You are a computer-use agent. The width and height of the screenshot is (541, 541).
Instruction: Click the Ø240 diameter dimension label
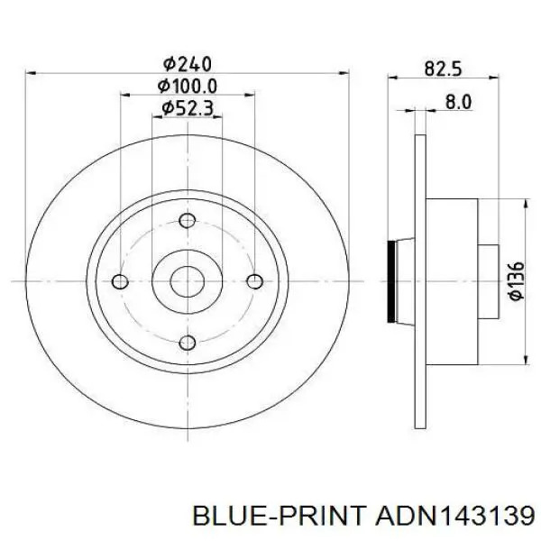point(187,63)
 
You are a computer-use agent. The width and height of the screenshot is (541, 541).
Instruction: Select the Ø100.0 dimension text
point(187,86)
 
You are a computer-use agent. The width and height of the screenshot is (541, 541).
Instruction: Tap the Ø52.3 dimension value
point(187,108)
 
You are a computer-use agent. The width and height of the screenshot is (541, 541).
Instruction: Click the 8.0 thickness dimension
point(458,102)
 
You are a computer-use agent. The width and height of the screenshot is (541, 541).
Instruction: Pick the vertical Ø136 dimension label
point(515,281)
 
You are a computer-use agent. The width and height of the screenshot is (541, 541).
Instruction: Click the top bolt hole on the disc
point(188,221)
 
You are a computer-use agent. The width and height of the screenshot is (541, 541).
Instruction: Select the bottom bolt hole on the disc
point(188,342)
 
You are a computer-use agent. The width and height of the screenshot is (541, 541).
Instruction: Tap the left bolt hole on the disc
point(119,281)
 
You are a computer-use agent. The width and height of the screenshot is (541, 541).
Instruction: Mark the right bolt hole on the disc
point(256,281)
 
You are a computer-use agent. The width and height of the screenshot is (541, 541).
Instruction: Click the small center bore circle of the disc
point(188,281)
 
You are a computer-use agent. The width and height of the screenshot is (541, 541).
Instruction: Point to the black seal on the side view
point(391,281)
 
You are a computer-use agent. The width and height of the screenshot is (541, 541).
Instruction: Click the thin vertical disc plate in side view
point(419,281)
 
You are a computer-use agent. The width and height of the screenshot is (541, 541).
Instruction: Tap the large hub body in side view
point(451,281)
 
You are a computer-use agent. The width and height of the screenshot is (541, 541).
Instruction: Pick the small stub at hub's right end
point(487,281)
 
